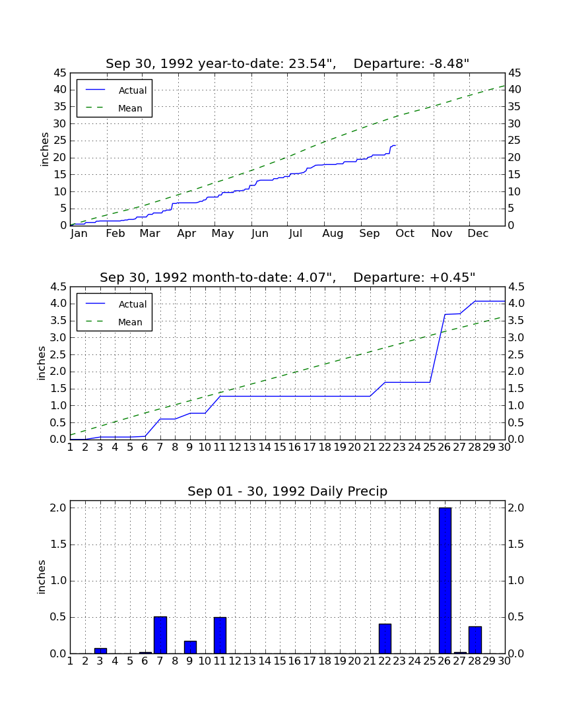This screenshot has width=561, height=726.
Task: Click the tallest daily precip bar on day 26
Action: (445, 581)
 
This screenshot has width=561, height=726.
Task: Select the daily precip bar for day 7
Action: (160, 635)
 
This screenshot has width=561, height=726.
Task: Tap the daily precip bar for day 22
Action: (385, 638)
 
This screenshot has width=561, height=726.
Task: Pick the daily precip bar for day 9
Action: (190, 647)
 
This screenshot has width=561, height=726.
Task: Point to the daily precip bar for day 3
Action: (100, 651)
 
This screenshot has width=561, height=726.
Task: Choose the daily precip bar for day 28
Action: (475, 640)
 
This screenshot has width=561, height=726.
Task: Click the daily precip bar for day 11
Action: (220, 635)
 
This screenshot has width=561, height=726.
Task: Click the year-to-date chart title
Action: (288, 63)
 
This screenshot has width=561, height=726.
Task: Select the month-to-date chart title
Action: (288, 277)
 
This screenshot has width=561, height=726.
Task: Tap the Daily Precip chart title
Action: (288, 491)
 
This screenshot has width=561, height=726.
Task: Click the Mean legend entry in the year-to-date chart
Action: (114, 108)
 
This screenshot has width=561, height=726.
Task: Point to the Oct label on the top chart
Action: (405, 234)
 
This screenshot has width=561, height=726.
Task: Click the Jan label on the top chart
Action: (79, 234)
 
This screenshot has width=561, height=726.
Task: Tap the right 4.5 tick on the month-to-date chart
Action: (516, 287)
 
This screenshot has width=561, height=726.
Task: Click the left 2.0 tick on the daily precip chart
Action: (59, 508)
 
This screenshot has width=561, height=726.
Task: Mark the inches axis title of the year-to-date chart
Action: (44, 149)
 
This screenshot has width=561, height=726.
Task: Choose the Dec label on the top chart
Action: (478, 234)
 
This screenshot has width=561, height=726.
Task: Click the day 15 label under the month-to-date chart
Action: (280, 447)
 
